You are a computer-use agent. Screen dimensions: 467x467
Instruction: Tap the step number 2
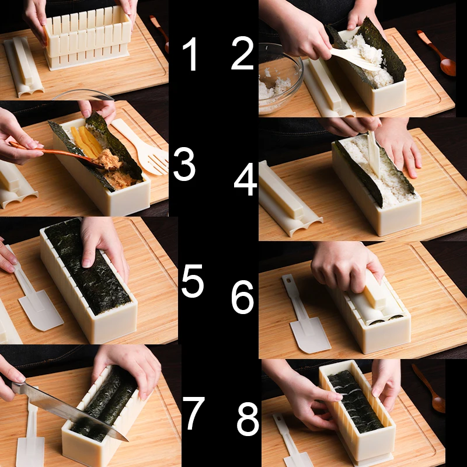[x=242, y=53]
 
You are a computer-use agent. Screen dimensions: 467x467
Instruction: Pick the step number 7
[x=193, y=413]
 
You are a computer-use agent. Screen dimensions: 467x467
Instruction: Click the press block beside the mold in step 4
[x=289, y=198]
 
